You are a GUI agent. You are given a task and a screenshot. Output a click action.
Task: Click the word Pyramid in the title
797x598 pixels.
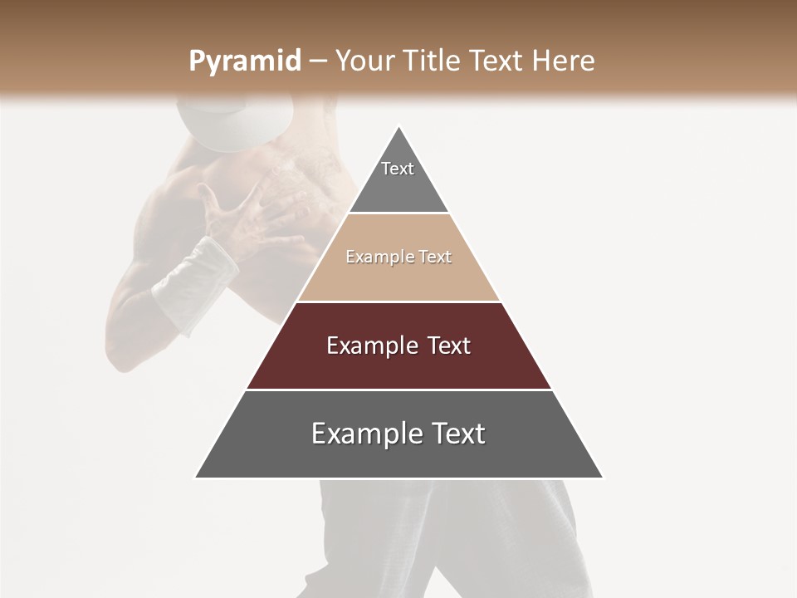point(244,61)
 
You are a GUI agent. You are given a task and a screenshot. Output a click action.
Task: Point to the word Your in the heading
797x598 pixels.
point(362,61)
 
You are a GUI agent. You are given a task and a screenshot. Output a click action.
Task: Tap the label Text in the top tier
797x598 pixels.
point(398,169)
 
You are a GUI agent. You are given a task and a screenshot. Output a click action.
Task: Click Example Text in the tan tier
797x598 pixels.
point(398,257)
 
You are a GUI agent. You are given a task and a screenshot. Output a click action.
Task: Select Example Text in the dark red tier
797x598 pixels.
point(398,346)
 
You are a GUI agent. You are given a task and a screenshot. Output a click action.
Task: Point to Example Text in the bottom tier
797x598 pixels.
point(398,434)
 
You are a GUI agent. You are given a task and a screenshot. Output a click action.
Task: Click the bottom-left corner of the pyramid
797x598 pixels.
point(196,478)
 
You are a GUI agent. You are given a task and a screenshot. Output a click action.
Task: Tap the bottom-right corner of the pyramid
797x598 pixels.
point(603,478)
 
